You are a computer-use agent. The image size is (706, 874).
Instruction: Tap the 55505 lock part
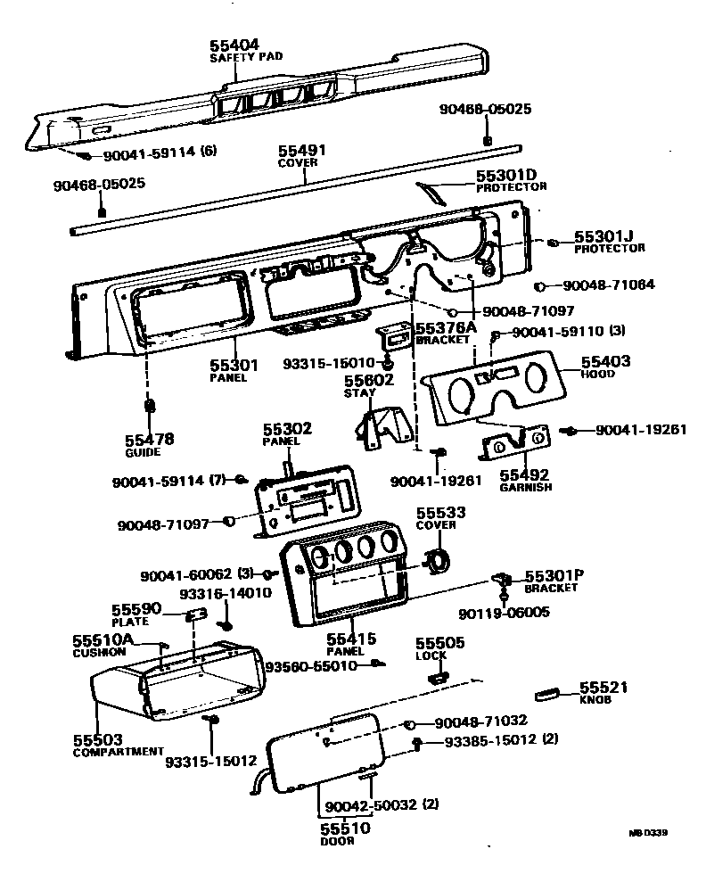pyautogui.click(x=437, y=677)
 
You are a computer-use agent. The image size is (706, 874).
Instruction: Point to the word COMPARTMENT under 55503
pyautogui.click(x=118, y=752)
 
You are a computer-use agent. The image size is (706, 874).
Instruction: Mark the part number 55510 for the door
pyautogui.click(x=345, y=829)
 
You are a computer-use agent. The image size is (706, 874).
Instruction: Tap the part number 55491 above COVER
pyautogui.click(x=302, y=152)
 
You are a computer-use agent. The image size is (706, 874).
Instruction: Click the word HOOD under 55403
pyautogui.click(x=595, y=375)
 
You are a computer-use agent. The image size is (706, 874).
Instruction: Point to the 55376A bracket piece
pyautogui.click(x=394, y=336)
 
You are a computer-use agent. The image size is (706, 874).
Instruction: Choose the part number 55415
pyautogui.click(x=351, y=639)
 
